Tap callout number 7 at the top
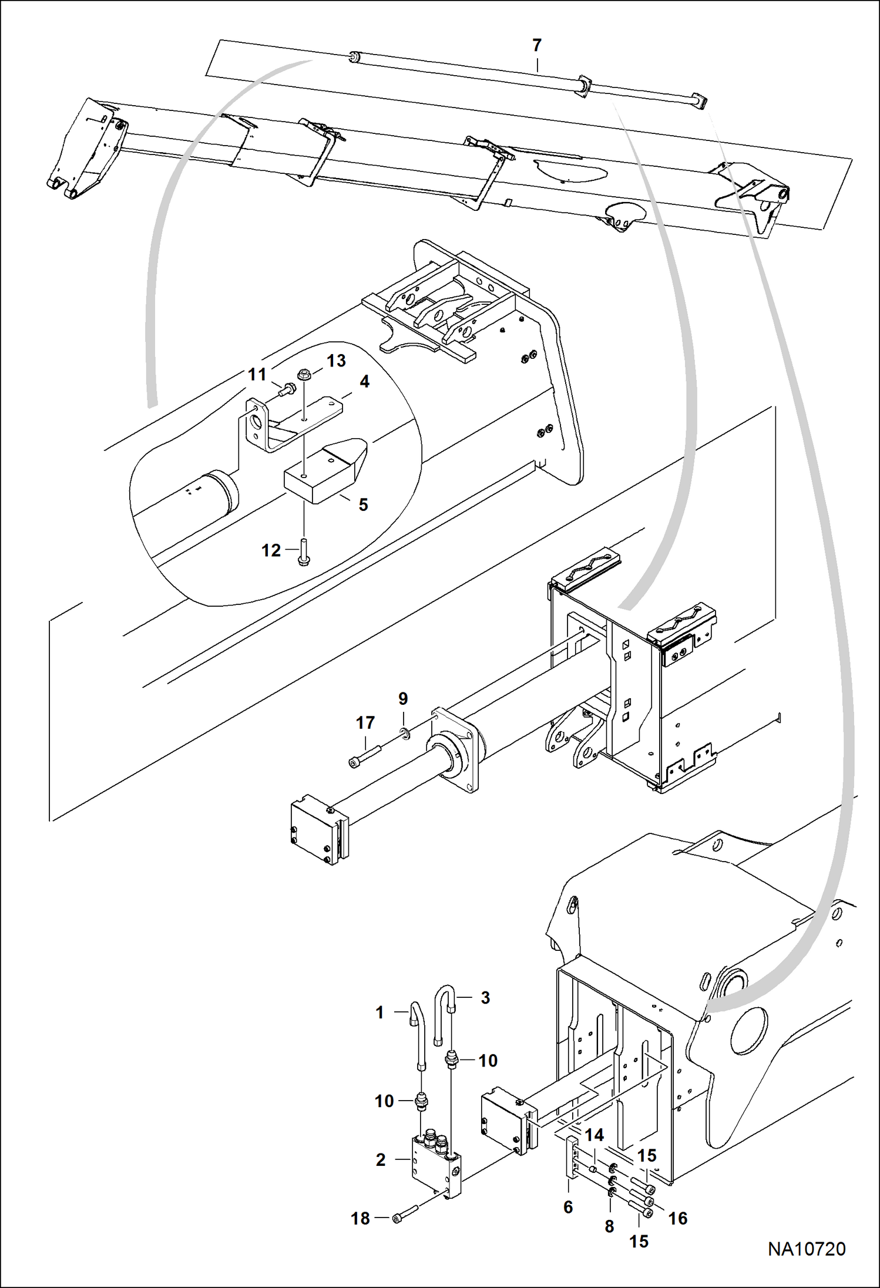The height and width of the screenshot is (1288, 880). coord(536,45)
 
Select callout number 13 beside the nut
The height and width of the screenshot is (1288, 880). coord(336,360)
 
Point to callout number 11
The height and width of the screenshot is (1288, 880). coord(257,374)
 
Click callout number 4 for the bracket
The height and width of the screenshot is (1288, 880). coord(364,382)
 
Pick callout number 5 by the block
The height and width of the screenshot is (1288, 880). coord(364,505)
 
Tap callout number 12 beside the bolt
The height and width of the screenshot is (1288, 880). coord(271,550)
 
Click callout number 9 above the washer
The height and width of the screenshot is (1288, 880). coord(403,698)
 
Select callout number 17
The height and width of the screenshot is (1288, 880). coord(365,722)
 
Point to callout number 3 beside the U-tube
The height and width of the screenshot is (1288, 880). coord(485,998)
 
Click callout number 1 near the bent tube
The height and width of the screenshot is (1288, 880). coord(380,1013)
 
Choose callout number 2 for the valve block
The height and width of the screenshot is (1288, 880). coord(381,1160)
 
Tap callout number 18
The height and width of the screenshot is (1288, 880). coord(361,1219)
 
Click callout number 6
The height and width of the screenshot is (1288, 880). coord(568,1207)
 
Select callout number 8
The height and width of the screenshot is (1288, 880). coord(609,1226)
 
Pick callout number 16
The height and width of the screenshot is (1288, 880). coord(678,1219)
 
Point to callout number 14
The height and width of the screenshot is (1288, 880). coord(594,1135)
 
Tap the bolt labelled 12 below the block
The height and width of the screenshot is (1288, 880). coord(304,553)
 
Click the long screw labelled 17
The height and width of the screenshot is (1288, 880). coord(365,755)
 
